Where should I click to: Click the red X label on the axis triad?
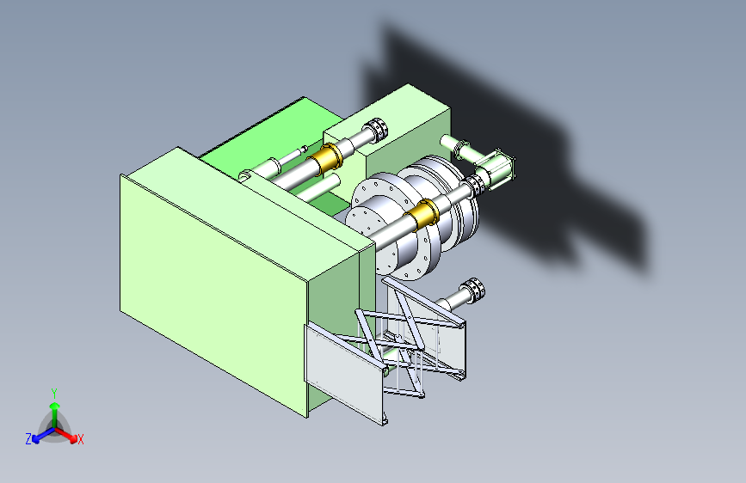point(80,439)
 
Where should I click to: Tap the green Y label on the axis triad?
point(54,394)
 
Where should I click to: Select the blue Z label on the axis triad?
point(28,439)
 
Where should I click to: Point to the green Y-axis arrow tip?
point(55,406)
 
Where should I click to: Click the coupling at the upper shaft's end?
point(376,129)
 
